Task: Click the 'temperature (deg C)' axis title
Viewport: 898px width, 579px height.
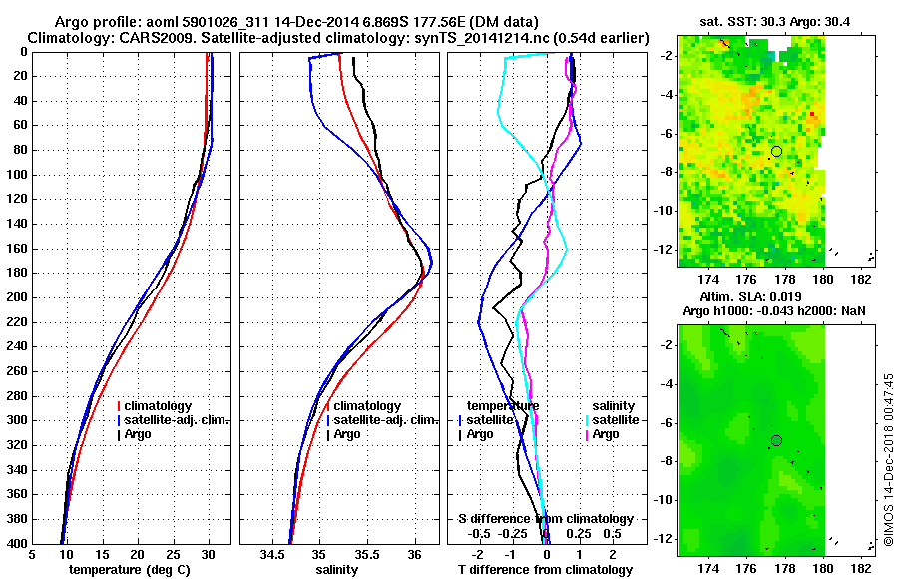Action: (x=132, y=570)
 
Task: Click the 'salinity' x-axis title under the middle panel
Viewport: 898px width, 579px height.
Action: (x=338, y=570)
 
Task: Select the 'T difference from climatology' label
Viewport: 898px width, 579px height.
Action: (x=545, y=570)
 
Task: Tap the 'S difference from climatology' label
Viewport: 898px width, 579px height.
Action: (x=545, y=519)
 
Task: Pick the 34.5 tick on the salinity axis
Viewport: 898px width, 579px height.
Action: (x=274, y=553)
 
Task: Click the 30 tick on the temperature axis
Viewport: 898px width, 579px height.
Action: (x=209, y=553)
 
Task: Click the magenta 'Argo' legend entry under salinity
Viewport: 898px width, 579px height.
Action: (x=605, y=434)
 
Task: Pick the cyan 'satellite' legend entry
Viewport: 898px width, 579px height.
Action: (x=609, y=420)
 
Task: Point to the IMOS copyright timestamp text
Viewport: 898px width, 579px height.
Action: (x=888, y=460)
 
